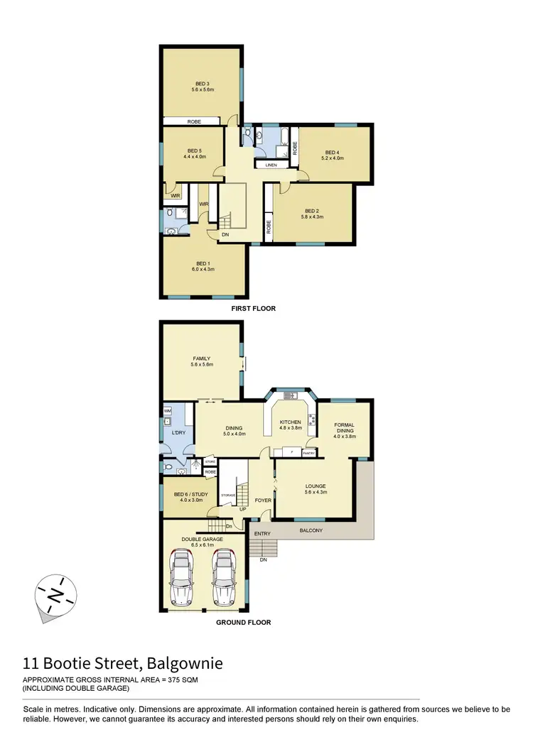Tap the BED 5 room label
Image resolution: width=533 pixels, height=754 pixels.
click(x=195, y=151)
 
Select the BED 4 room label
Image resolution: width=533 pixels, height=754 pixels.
click(x=334, y=152)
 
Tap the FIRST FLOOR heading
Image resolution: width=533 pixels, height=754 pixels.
click(x=253, y=309)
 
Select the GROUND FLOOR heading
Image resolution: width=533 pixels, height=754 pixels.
click(x=244, y=623)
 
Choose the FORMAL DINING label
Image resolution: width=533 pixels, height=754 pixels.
click(x=345, y=429)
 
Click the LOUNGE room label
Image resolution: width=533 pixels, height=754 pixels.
click(x=315, y=486)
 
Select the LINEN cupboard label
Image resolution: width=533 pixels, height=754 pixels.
click(x=271, y=165)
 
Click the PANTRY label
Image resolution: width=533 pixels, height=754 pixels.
click(x=308, y=452)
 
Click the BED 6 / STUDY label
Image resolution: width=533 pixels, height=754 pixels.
click(x=188, y=495)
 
